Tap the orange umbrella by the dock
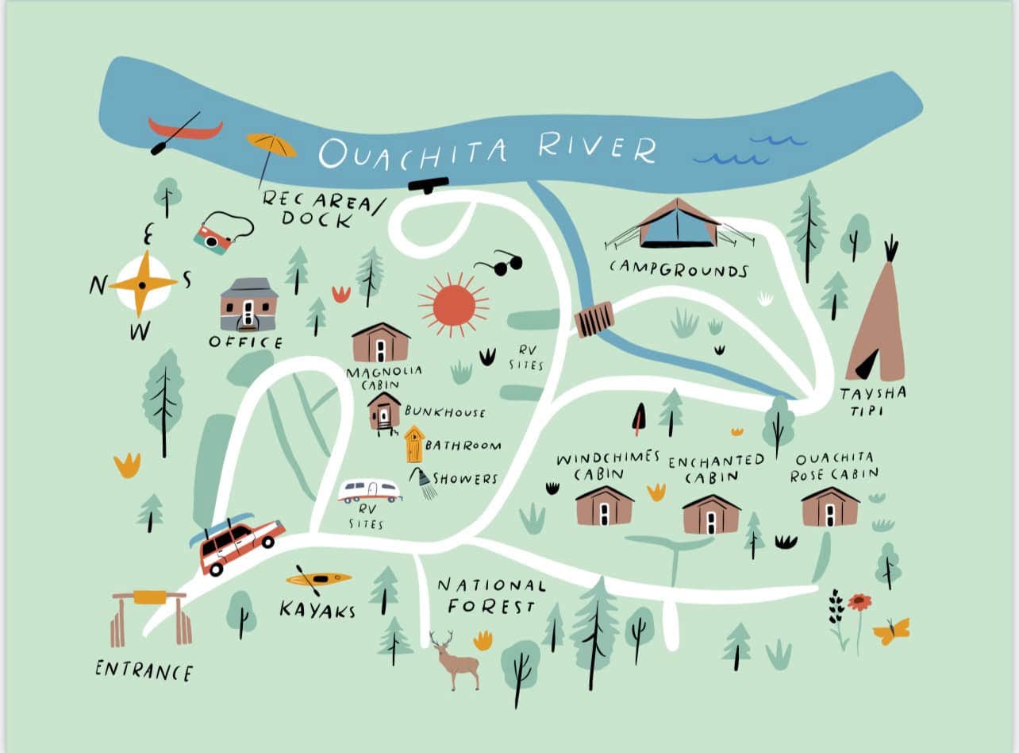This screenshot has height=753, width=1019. (x=271, y=145)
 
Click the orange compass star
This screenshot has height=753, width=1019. (x=143, y=284)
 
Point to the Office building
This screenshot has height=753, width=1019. (x=248, y=305)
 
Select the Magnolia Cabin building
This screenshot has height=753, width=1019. (x=381, y=343)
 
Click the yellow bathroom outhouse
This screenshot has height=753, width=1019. (x=413, y=444)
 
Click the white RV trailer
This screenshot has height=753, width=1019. (x=369, y=491)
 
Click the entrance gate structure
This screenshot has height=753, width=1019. (x=151, y=618)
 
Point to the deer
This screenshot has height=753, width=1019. (x=456, y=661)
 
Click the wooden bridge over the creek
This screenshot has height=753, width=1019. (x=594, y=319)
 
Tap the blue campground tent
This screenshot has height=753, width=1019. (x=677, y=224)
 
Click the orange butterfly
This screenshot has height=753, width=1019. (x=890, y=631)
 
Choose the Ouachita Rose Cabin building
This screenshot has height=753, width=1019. (x=830, y=507)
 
